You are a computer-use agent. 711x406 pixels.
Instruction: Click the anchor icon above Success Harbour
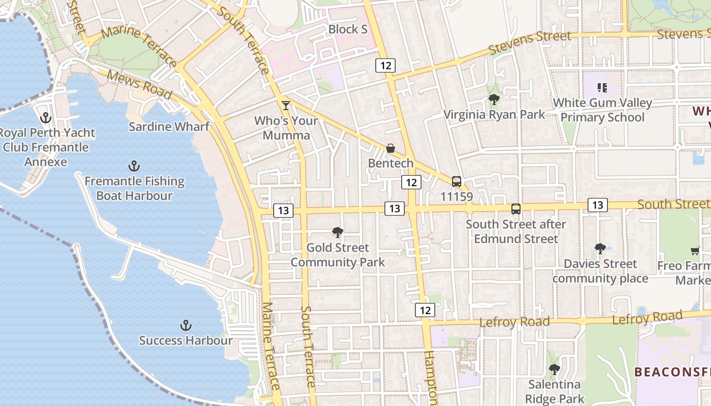(186, 325)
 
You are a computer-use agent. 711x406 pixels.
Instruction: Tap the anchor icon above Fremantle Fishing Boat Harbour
(134, 166)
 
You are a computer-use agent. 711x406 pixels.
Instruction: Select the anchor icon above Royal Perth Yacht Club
(46, 118)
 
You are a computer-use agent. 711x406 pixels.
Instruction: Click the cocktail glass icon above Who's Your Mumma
(286, 106)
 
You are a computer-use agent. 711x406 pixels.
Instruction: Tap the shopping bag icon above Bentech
(391, 148)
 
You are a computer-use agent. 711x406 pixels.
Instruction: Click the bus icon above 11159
(457, 181)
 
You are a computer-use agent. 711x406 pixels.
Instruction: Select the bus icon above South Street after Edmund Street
(516, 209)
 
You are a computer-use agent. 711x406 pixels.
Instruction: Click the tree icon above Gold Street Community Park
(337, 232)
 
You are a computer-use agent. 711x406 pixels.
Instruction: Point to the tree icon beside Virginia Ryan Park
(494, 99)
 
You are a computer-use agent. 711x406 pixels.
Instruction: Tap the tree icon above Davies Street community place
(600, 249)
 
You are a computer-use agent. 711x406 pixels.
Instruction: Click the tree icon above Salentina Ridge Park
(555, 369)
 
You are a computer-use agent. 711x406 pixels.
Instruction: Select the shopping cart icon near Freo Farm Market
(695, 251)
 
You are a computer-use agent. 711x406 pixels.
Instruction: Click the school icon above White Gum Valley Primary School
(602, 88)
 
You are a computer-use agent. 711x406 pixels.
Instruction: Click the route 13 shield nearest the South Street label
(598, 205)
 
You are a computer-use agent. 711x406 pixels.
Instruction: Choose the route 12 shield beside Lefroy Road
(425, 310)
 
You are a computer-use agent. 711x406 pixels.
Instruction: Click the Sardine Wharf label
(169, 126)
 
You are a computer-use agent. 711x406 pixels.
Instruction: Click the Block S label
(348, 29)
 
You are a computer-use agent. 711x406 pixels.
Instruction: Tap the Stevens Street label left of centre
(530, 44)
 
